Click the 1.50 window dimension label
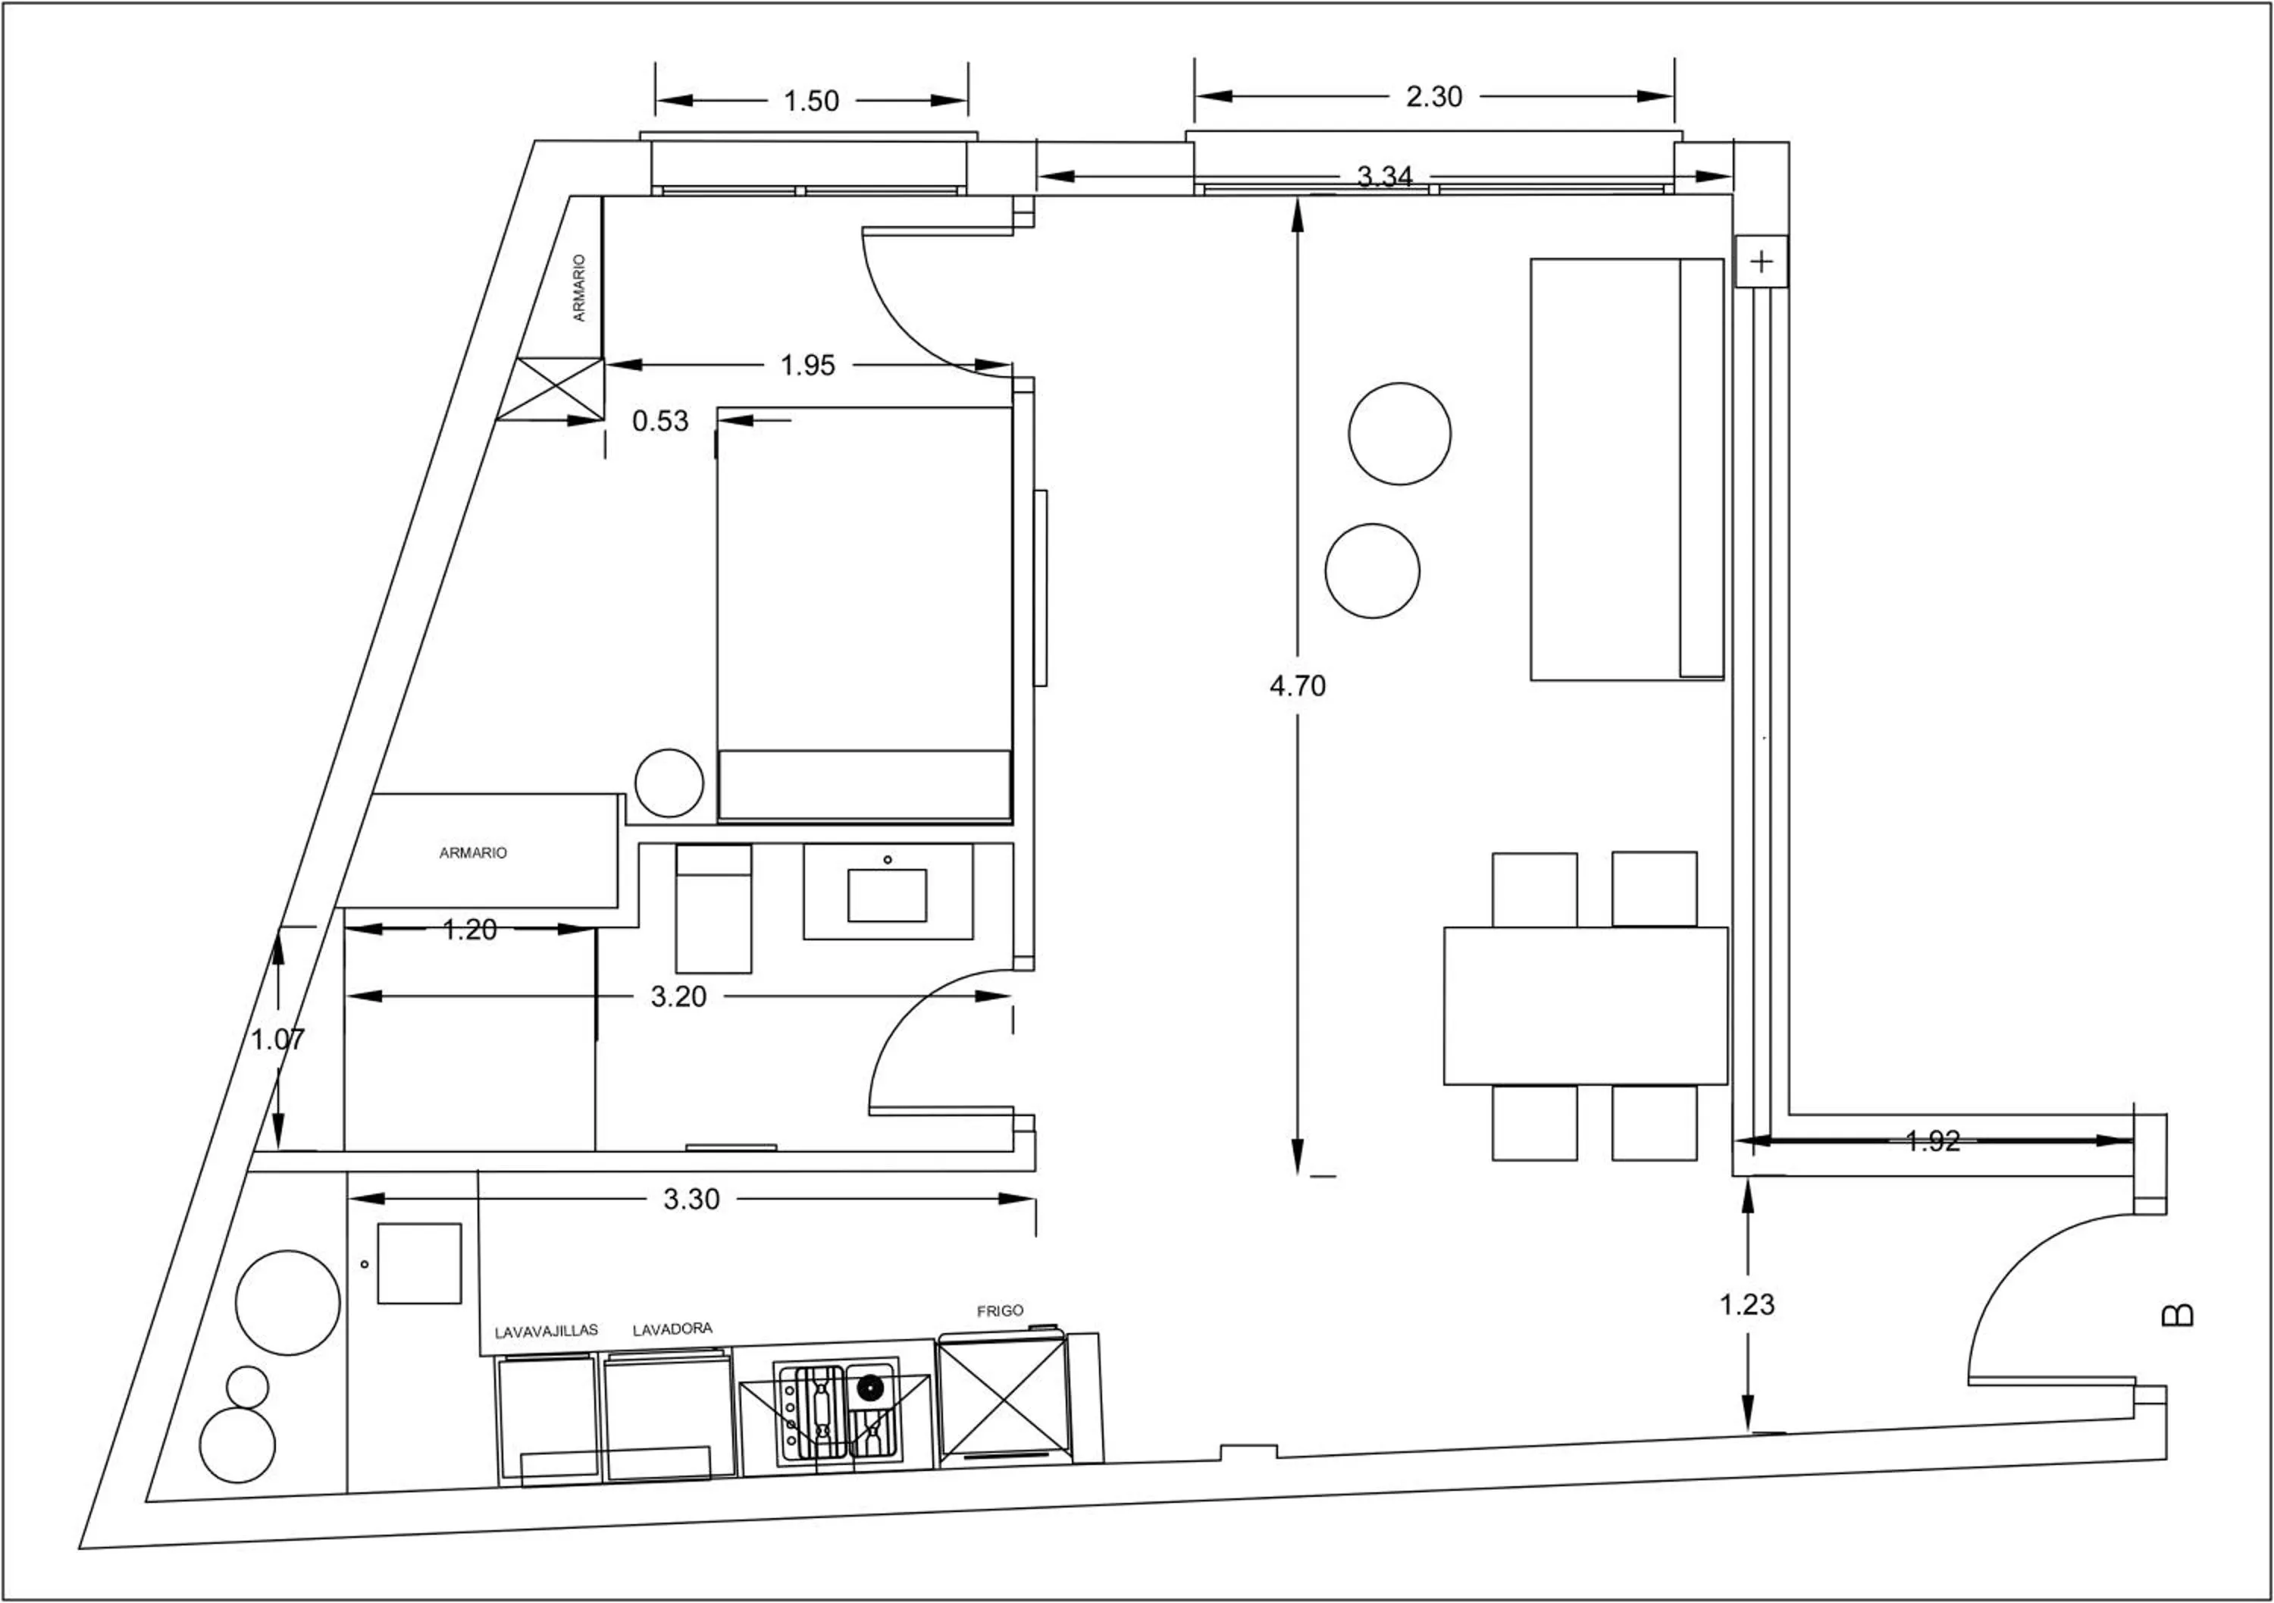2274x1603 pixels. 810,101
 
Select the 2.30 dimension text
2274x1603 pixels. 1433,97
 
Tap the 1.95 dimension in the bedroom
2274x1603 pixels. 807,365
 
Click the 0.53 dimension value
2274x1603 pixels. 659,421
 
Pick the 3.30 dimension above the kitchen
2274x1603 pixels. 691,1200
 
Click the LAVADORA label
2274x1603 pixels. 672,1329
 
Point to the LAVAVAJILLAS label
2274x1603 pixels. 546,1332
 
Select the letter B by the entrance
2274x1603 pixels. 2177,1315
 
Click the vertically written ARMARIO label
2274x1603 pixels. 579,287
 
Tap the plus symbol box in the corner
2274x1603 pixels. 1761,262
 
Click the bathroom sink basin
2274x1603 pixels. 886,895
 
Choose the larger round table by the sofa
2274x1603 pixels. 1399,434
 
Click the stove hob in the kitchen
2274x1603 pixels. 838,1413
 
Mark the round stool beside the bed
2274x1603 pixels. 669,783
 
